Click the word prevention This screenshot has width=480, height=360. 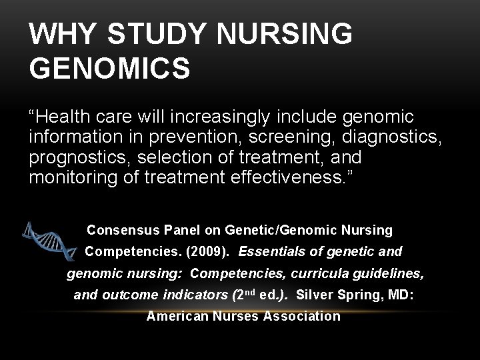coord(174,138)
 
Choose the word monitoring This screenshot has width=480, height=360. coord(69,177)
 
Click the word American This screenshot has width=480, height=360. coord(177,316)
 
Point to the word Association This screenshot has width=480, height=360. coord(302,316)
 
